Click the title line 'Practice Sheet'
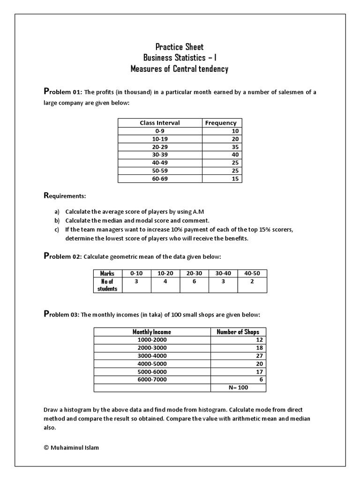(x=180, y=46)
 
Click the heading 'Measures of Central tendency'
(x=180, y=69)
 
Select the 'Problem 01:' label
(x=63, y=92)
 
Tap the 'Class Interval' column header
(x=159, y=123)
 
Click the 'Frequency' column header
(x=221, y=123)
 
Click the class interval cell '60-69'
(x=159, y=179)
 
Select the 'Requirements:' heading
(x=65, y=195)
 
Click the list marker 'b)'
(x=57, y=220)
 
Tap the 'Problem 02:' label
(x=63, y=256)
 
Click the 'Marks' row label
(x=107, y=273)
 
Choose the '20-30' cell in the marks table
(x=194, y=273)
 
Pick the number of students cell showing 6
(x=194, y=282)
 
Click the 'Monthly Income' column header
(x=152, y=332)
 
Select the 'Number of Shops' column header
(x=238, y=332)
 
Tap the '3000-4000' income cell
(x=152, y=356)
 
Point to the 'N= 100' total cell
(x=238, y=388)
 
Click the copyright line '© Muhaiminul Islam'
(x=71, y=447)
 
